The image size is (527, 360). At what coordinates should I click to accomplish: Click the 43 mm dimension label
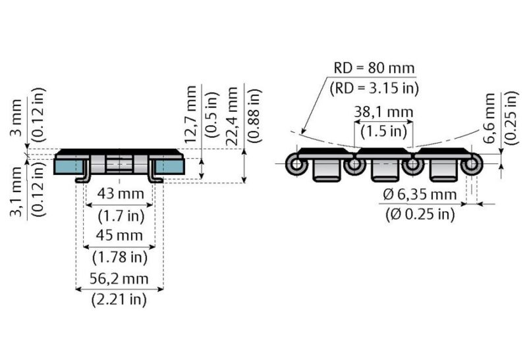pos(119,195)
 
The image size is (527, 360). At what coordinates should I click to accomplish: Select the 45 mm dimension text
pos(119,236)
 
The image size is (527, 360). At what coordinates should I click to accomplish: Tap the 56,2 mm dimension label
pos(119,278)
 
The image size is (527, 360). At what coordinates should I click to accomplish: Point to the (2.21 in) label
pos(119,299)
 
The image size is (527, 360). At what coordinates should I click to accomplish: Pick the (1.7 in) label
pos(119,215)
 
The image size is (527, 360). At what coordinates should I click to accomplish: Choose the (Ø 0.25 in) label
pos(419,214)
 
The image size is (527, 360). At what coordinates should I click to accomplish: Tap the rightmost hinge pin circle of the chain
pos(471,165)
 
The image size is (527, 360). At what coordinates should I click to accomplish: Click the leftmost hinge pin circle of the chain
pos(295,165)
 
